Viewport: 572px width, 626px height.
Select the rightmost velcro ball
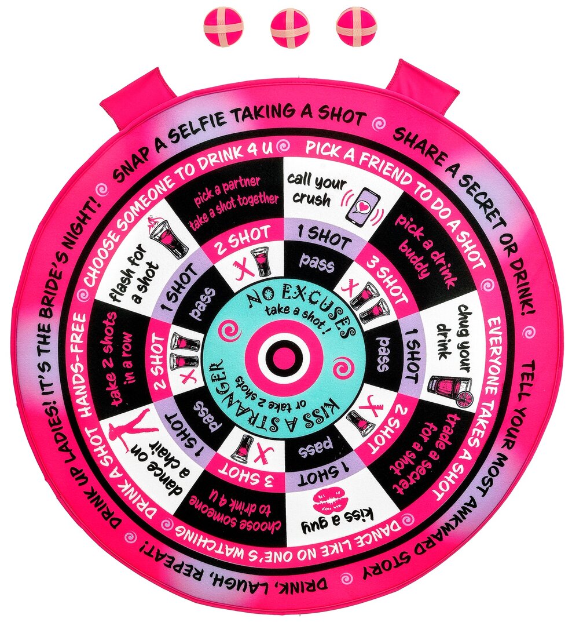pos(352,28)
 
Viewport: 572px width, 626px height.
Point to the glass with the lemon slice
pos(450,389)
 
